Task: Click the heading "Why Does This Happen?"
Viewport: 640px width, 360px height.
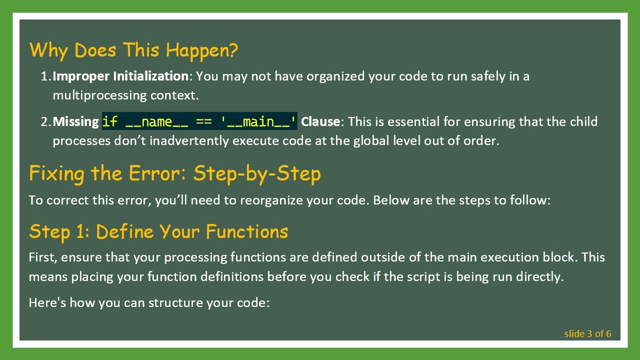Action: pos(133,50)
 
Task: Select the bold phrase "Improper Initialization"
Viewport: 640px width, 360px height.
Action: pos(120,76)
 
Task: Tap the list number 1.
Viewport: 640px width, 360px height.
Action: pos(45,76)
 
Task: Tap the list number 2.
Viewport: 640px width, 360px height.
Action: pos(45,122)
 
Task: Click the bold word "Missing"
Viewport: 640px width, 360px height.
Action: pos(75,122)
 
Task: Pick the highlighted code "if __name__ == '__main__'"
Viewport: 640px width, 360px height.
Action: pos(199,122)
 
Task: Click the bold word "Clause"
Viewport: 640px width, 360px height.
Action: pos(320,122)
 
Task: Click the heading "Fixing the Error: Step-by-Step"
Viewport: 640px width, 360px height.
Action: pos(174,173)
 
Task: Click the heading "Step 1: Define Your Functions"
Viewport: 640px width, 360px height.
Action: pos(158,231)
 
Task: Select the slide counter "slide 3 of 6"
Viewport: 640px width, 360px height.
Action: pos(587,334)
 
